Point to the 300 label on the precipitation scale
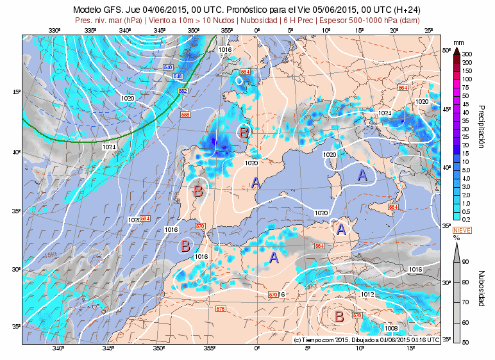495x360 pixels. [467, 54]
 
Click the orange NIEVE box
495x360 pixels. [462, 230]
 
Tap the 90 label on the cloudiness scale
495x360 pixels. [466, 261]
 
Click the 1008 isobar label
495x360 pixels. [390, 328]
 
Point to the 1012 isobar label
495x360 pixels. [367, 294]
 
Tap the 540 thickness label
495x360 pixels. [169, 67]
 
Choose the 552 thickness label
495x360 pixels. [183, 92]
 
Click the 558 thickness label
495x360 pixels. [186, 115]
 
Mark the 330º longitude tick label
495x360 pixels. [54, 30]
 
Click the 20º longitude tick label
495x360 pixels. [393, 30]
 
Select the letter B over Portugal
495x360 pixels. [198, 190]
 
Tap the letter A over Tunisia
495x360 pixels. [341, 228]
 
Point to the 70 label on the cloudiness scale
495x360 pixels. [466, 302]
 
